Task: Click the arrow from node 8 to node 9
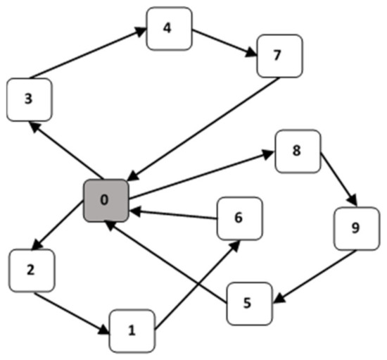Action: coord(338,179)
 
